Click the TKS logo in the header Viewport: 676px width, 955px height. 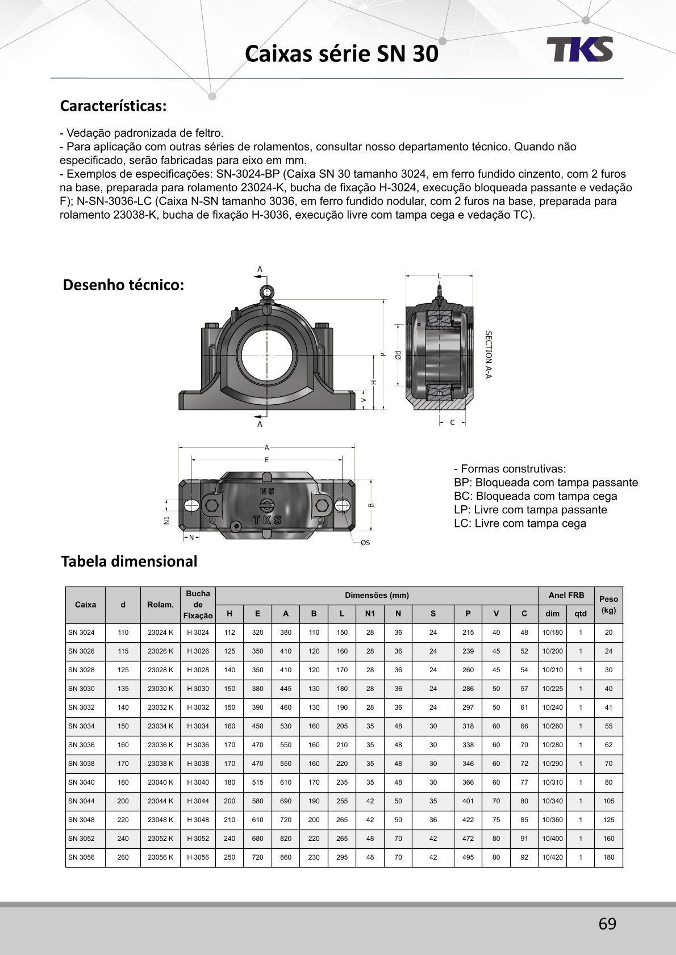coord(579,49)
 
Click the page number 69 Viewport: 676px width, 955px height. coord(607,924)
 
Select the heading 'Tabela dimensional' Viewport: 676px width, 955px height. coord(129,562)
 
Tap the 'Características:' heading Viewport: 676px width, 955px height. coord(113,106)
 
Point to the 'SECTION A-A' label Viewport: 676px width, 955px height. coord(488,355)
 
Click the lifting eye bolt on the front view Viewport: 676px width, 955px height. coord(266,292)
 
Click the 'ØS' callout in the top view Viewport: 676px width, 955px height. coord(365,543)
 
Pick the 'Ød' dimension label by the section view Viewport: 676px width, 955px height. coord(399,355)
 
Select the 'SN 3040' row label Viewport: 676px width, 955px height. coord(81,782)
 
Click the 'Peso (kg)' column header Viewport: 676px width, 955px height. coord(608,605)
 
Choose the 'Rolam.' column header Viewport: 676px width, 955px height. coord(160,605)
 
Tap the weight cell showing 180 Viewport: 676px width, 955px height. coord(608,857)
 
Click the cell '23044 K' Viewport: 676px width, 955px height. coord(160,801)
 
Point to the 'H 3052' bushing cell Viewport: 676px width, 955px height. coord(198,839)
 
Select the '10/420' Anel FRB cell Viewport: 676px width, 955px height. coord(552,857)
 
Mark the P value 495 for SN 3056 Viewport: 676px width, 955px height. coord(468,857)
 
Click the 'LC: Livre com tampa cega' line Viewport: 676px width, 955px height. coord(520,523)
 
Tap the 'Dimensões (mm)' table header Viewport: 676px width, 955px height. coord(377,596)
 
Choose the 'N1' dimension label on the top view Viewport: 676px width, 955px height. coord(167,520)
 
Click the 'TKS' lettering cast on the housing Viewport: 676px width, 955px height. coord(267,520)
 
